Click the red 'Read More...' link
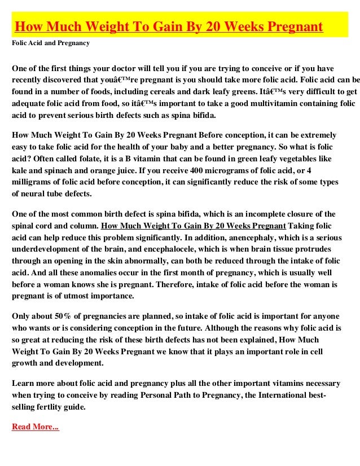pyautogui.click(x=35, y=427)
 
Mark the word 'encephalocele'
pyautogui.click(x=216, y=249)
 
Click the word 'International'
pyautogui.click(x=293, y=394)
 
